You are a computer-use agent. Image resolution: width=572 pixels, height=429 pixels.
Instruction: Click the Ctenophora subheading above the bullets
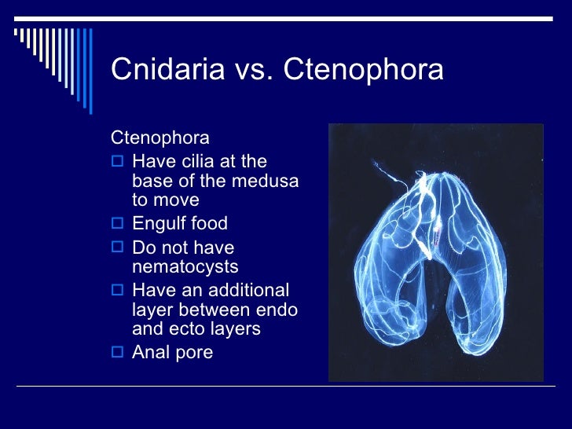[x=160, y=138]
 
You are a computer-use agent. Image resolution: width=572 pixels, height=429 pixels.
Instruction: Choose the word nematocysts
[x=185, y=267]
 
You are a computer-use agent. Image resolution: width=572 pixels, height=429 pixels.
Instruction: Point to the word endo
[x=277, y=310]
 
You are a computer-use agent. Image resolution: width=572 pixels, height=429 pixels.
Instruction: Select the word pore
[x=194, y=353]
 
